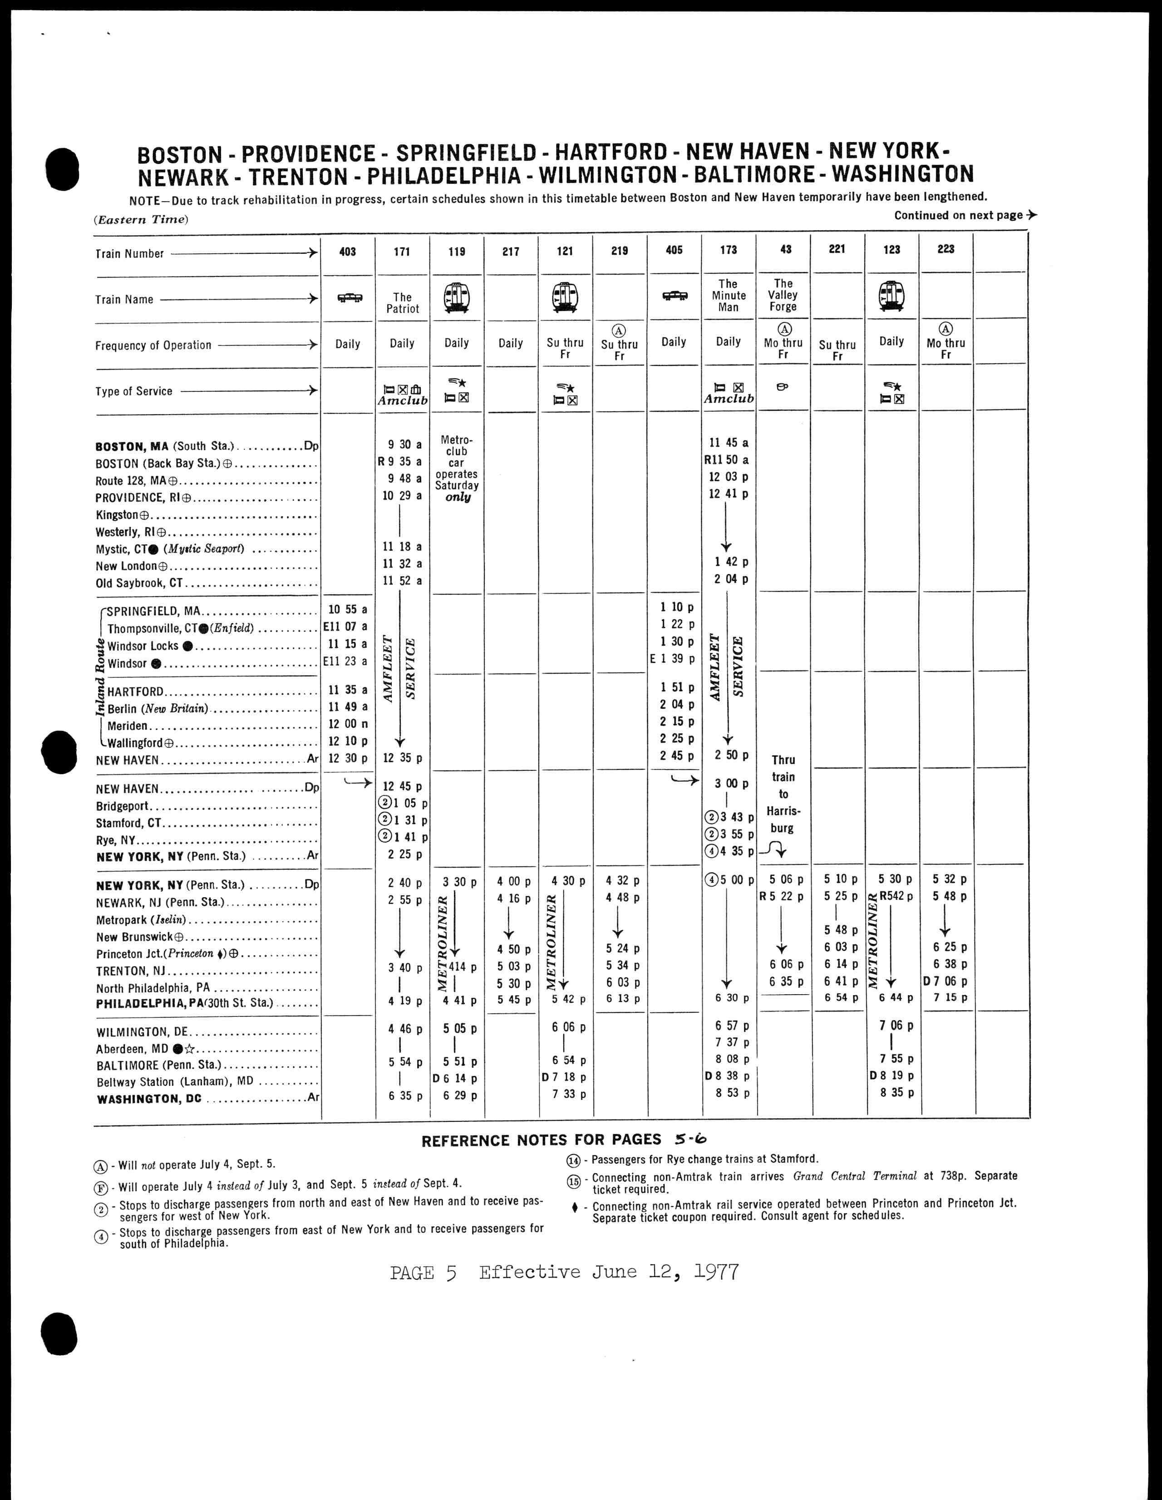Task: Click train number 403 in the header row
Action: click(348, 252)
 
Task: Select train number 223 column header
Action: click(945, 249)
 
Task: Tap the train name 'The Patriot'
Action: click(403, 303)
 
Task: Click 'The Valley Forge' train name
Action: click(783, 295)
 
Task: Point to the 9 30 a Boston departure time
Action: click(402, 445)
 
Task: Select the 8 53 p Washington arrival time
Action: click(728, 1093)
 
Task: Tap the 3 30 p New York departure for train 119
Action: click(457, 882)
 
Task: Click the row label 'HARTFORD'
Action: click(135, 691)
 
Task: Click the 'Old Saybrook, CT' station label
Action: click(139, 583)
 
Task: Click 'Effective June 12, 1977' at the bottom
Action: click(609, 1272)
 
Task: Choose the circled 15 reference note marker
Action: click(573, 1181)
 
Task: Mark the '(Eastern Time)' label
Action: click(140, 220)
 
